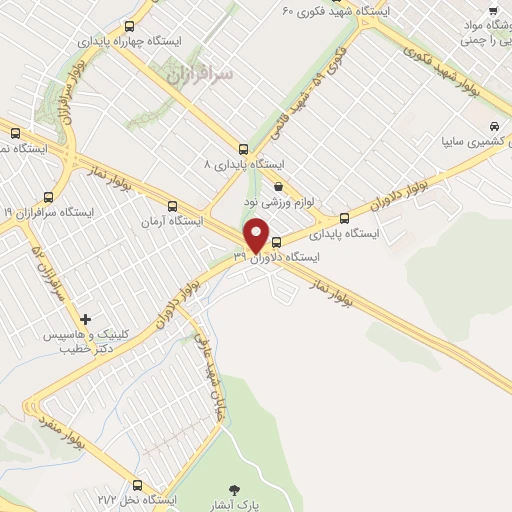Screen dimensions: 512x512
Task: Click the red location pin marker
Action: point(257,234)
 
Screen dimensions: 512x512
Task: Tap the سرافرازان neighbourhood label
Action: point(197,73)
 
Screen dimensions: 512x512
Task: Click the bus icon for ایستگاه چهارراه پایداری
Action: point(129,26)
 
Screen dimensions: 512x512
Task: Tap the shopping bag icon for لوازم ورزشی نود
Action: point(277,186)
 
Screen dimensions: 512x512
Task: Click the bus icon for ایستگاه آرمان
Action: point(172,205)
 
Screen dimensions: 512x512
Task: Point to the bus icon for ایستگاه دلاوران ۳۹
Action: point(277,242)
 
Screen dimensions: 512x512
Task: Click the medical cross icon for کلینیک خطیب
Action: point(84,318)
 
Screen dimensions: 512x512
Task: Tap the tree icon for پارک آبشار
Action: point(235,490)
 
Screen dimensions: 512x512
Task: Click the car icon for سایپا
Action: point(494,127)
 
